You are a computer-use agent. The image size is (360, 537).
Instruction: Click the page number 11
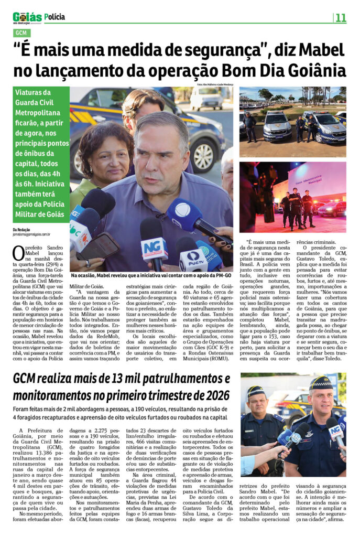coord(341,18)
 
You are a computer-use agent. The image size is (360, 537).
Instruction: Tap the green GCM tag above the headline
coord(21,34)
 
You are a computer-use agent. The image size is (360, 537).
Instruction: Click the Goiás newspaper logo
coord(27,18)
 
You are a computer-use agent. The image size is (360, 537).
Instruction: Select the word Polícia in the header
coord(55,17)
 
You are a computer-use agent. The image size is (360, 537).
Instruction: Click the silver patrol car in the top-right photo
coord(277,126)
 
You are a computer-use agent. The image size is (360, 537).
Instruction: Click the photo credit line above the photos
coord(215,84)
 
